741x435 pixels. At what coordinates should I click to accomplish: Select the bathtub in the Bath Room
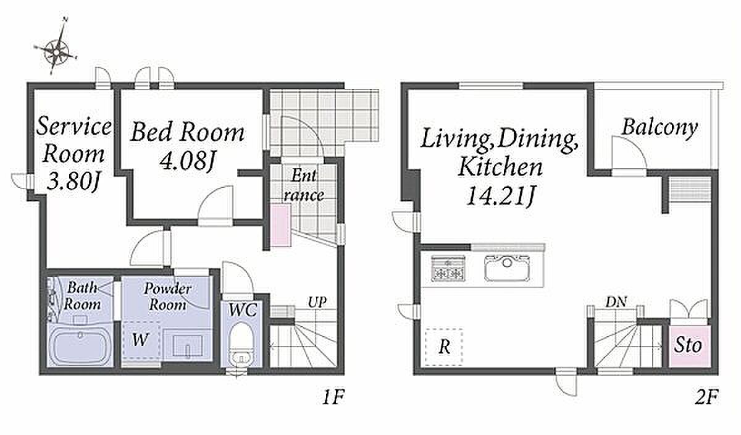click(80, 345)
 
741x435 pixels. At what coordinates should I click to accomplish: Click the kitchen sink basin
click(508, 269)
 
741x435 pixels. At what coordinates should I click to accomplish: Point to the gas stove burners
click(448, 269)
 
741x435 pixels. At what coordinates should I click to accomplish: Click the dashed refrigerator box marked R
click(444, 347)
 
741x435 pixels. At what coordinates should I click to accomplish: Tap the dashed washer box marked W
click(141, 340)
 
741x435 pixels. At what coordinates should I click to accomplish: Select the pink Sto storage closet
click(690, 346)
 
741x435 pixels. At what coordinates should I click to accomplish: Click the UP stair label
click(317, 302)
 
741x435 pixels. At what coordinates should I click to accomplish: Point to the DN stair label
click(616, 302)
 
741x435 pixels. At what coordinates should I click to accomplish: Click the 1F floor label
click(333, 397)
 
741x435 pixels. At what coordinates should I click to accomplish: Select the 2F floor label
click(707, 397)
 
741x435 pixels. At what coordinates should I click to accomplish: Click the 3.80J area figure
click(73, 182)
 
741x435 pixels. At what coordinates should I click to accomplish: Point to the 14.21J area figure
click(500, 196)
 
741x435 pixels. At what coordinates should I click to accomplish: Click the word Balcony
click(659, 128)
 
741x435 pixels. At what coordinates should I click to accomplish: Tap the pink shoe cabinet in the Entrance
click(281, 225)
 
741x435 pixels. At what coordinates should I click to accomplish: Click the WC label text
click(243, 310)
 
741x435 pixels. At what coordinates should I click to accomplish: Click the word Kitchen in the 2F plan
click(500, 167)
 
